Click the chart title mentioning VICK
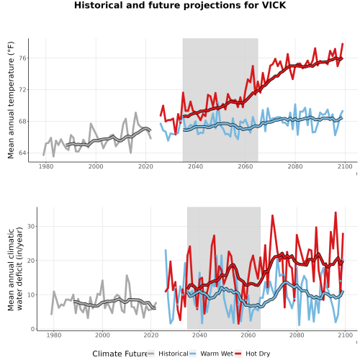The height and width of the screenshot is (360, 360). click(180, 5)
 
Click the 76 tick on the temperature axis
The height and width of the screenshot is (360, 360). click(22, 58)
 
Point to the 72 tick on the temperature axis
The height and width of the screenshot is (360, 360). click(22, 90)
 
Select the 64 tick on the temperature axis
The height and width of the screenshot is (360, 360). click(22, 153)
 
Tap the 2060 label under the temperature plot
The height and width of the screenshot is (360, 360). click(246, 166)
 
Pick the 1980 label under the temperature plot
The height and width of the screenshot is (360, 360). click(46, 166)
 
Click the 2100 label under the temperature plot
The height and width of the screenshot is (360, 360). click(345, 166)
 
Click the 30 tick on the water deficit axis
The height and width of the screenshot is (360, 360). click(31, 226)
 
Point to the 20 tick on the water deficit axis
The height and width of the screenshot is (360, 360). click(31, 261)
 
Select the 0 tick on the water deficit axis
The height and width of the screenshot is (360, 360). click(33, 329)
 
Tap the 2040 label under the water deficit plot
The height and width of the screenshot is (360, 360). click(199, 335)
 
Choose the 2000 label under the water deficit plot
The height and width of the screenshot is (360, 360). click(102, 335)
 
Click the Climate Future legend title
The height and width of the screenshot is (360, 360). click(120, 354)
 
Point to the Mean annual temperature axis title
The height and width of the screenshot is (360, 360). click(11, 100)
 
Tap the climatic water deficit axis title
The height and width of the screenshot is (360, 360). click(15, 269)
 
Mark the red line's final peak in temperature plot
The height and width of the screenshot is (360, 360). click(343, 44)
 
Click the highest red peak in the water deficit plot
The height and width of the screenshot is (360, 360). click(336, 212)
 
